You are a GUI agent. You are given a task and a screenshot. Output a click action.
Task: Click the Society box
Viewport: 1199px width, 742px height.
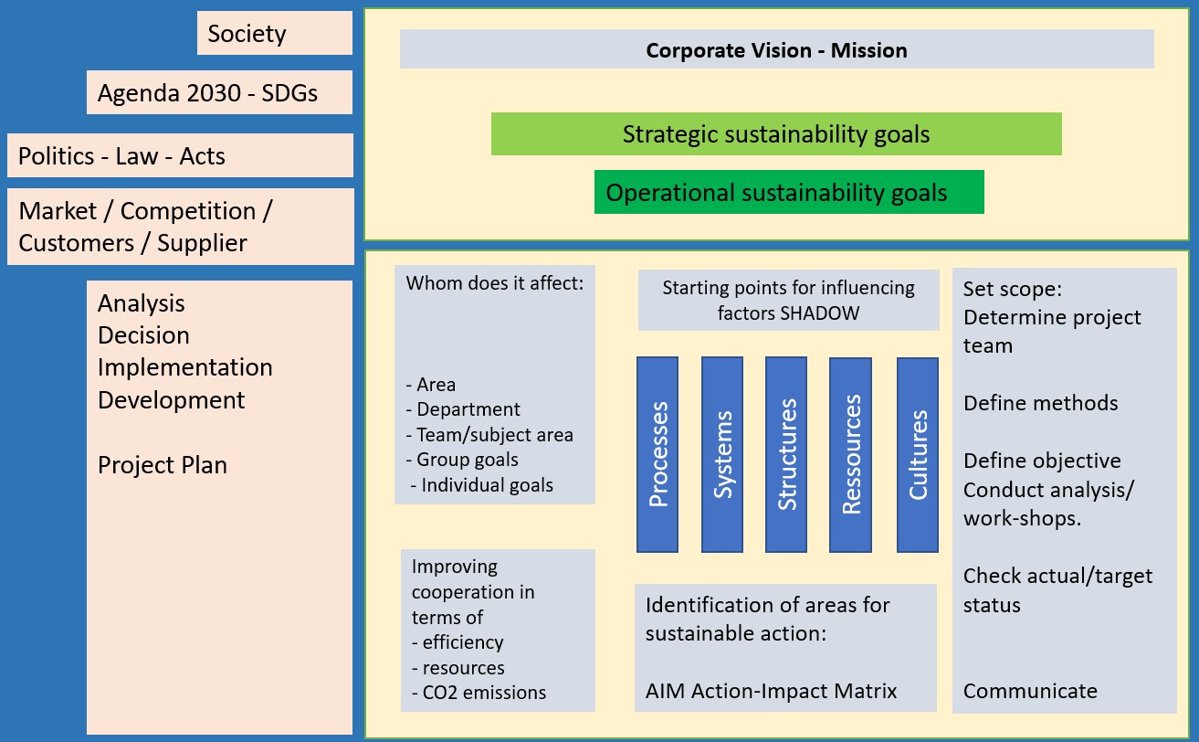coord(274,34)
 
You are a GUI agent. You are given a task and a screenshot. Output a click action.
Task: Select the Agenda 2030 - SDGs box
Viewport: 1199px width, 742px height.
coord(219,92)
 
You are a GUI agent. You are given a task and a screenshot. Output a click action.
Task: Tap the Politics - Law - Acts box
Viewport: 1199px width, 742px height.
coord(180,156)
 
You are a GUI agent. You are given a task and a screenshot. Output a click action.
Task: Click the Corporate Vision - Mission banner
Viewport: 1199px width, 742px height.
coord(776,49)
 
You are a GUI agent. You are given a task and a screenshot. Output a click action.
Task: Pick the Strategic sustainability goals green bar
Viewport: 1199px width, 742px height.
coord(776,134)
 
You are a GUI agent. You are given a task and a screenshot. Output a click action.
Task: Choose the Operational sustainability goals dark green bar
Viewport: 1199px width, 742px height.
coord(789,193)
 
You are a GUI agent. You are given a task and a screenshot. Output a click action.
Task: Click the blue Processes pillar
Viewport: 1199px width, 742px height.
coord(657,454)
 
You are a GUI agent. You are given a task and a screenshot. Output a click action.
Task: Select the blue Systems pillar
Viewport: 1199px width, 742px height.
coord(722,454)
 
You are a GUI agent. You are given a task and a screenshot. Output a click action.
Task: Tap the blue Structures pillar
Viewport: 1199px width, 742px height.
coord(786,454)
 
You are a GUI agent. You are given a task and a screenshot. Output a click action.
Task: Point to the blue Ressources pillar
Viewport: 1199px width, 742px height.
coord(850,454)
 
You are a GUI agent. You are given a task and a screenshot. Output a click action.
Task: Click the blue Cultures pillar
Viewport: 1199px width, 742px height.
coord(918,454)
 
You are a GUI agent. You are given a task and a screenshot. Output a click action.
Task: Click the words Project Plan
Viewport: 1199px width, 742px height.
coord(163,465)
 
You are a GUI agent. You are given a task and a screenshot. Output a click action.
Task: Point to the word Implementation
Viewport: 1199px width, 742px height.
coord(185,367)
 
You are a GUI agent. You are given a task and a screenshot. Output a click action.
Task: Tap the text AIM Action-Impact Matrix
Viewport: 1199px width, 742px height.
coord(771,691)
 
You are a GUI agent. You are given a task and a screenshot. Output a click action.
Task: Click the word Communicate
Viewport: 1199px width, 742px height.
coord(1030,691)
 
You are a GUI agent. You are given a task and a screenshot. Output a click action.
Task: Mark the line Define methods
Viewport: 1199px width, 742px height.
coord(1040,403)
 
